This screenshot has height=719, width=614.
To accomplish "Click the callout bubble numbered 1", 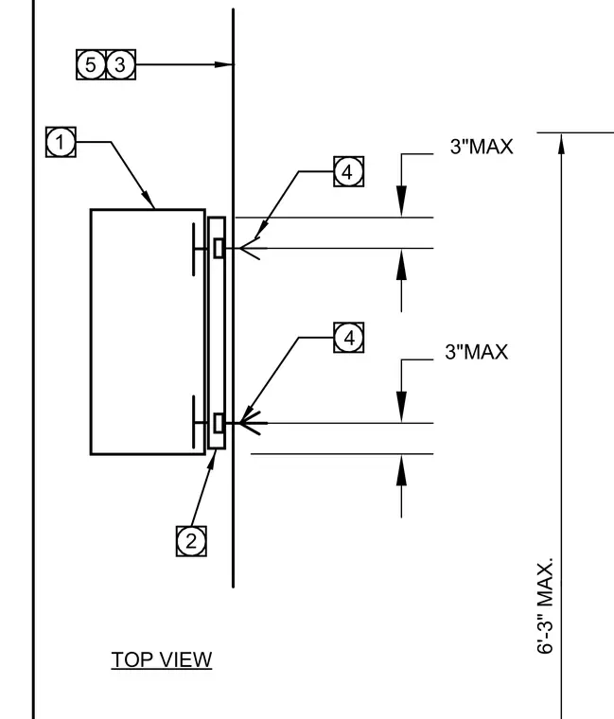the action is point(61,142).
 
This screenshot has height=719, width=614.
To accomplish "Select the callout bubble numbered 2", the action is point(191,541).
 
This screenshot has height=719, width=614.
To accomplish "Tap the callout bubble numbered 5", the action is point(91,64).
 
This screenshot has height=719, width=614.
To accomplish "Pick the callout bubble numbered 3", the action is point(120,64).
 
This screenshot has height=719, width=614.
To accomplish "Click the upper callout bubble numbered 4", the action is point(348,171).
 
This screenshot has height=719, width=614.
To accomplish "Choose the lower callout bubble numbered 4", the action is point(348,338).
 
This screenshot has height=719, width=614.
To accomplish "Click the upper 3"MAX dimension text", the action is point(482,147).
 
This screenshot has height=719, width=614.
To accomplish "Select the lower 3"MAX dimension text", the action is point(477,352).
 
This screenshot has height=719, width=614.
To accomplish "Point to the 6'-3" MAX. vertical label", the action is point(545,605).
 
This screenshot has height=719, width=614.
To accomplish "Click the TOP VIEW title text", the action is point(162,659).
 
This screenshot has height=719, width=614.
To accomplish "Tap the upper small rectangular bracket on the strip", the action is point(219,248).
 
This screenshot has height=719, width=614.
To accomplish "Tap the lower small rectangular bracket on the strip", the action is point(219,423).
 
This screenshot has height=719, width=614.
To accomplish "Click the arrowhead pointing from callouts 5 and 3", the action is point(224,64).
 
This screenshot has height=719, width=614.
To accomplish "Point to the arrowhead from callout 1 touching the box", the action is point(149,201).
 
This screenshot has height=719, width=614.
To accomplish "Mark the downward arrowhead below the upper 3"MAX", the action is point(401,201).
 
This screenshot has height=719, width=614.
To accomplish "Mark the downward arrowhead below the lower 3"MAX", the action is point(401,407).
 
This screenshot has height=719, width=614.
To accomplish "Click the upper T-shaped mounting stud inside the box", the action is point(200,249).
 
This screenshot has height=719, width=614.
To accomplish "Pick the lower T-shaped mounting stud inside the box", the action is point(200,422).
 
